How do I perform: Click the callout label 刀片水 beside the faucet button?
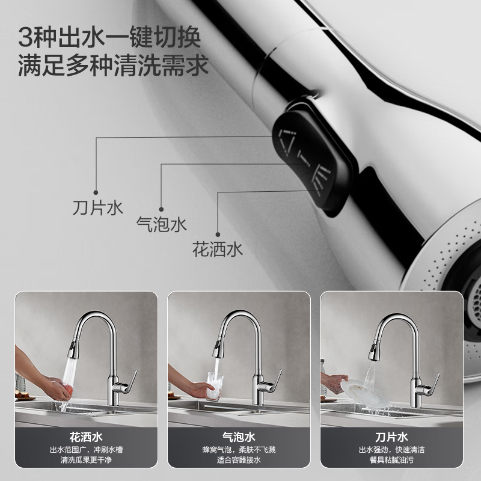click(x=98, y=207)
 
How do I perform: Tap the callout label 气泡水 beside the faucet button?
click(x=162, y=224)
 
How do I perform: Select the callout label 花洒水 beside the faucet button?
click(x=218, y=249)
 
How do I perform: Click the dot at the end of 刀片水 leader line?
click(x=96, y=192)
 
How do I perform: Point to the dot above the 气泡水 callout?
click(x=161, y=209)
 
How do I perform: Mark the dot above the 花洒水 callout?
click(x=218, y=234)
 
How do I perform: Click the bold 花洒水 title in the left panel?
click(x=86, y=437)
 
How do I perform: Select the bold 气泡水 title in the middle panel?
click(x=239, y=437)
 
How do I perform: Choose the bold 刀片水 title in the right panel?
click(x=392, y=437)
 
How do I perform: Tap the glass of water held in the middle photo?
click(x=215, y=386)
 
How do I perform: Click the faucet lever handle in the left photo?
click(x=132, y=381)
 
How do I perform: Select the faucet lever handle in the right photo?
click(x=434, y=384)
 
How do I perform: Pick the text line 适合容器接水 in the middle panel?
click(x=239, y=460)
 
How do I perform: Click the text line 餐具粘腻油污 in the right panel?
click(x=392, y=460)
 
